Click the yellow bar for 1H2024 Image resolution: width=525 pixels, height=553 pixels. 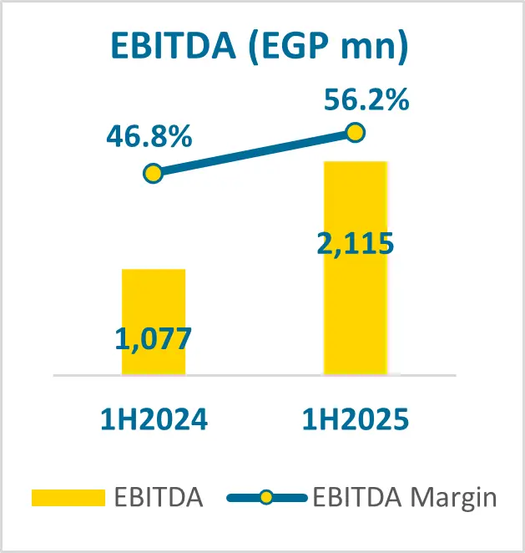click(x=153, y=301)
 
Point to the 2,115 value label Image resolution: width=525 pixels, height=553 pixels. click(x=355, y=245)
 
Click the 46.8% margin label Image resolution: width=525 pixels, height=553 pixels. click(x=149, y=136)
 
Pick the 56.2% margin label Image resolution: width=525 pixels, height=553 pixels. click(x=366, y=100)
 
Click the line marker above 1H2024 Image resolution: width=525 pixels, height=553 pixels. click(x=153, y=174)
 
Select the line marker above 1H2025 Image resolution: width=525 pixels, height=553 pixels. click(x=356, y=133)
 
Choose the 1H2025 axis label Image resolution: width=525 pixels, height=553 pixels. click(x=355, y=418)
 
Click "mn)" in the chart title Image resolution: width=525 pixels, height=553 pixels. click(x=375, y=48)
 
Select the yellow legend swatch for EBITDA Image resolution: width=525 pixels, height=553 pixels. click(x=68, y=499)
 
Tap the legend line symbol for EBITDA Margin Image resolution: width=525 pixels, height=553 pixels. click(x=248, y=499)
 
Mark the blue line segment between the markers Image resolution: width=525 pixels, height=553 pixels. click(x=254, y=154)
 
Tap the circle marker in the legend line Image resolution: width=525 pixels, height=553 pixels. click(x=266, y=499)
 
